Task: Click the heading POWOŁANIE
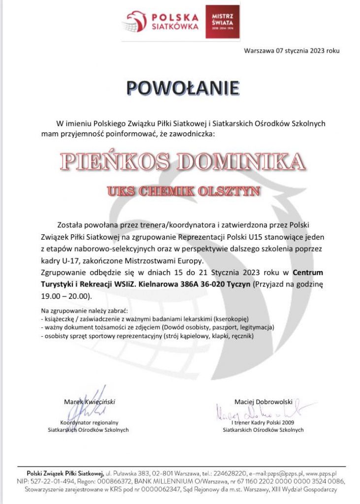coord(182,87)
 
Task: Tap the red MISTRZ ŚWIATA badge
coord(222,22)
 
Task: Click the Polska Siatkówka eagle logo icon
coord(137,21)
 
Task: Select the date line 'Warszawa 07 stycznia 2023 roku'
coord(292,51)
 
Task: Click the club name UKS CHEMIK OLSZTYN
coord(183,191)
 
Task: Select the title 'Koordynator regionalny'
coord(89,422)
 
